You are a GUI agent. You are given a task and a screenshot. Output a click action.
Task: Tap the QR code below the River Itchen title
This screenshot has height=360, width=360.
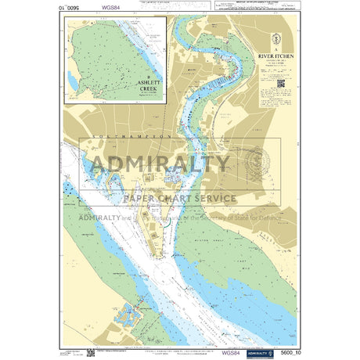tap(280, 83)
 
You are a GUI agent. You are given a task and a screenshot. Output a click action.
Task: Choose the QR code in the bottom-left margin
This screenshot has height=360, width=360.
tap(92, 353)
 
